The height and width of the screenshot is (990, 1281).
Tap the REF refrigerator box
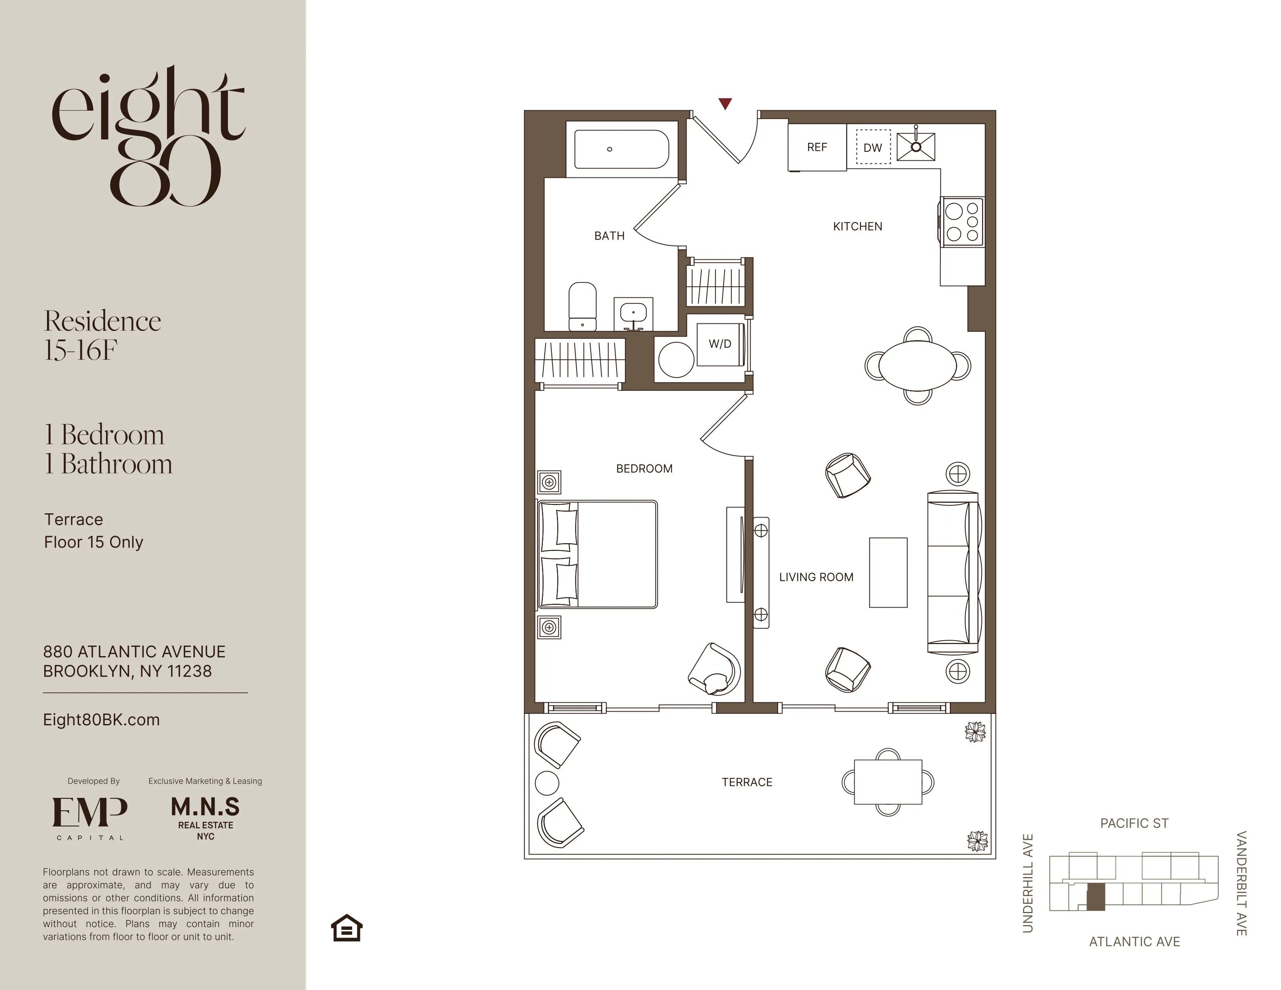[817, 147]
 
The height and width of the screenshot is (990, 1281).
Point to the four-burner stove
[963, 222]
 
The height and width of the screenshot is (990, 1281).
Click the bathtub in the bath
[621, 149]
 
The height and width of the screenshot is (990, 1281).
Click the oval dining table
[917, 365]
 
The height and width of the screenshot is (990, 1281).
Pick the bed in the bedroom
[598, 554]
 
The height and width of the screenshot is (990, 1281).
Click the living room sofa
[953, 572]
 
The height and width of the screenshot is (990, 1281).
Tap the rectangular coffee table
[888, 572]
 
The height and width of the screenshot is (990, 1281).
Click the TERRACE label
[747, 782]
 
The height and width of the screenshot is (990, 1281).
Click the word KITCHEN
[857, 226]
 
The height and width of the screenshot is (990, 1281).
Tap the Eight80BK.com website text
[101, 720]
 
